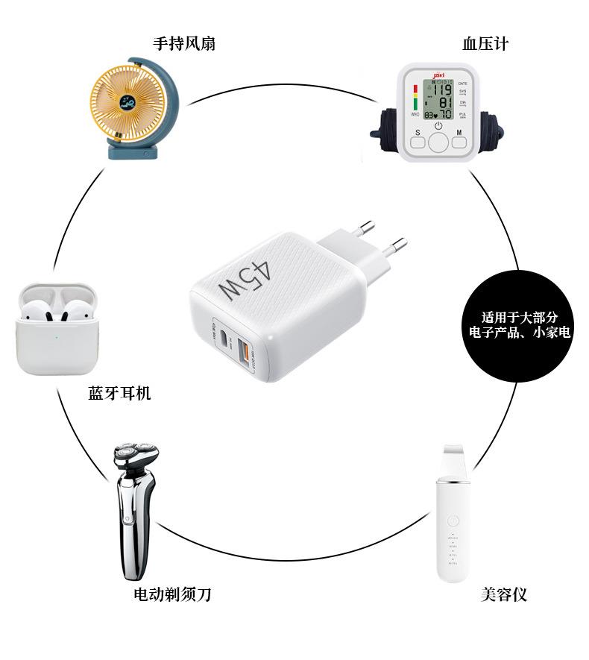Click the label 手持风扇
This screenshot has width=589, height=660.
click(184, 44)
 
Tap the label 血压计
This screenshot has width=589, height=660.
click(485, 44)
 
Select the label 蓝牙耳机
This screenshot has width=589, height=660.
click(119, 393)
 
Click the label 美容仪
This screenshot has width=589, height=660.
click(504, 594)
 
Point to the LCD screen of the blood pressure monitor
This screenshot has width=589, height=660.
click(438, 99)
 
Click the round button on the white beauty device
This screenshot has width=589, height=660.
click(450, 519)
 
